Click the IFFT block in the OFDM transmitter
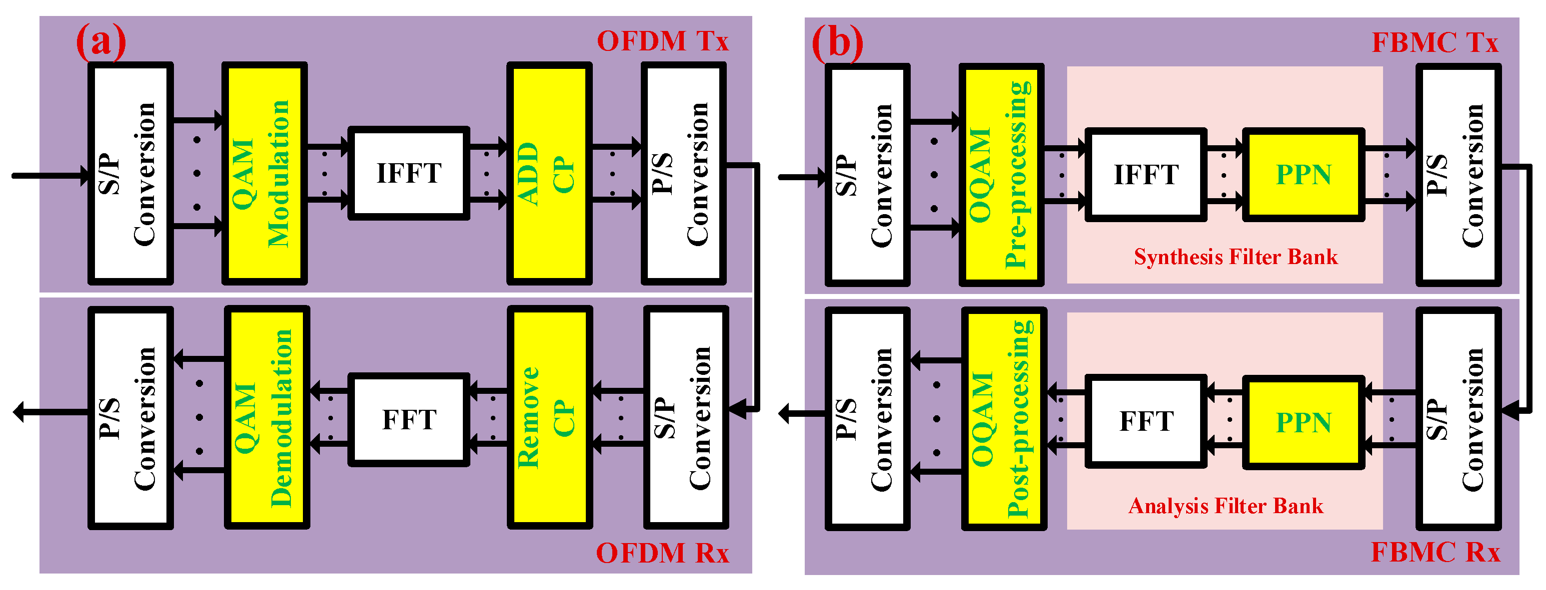(409, 173)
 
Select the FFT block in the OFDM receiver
(409, 419)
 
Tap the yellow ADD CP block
(549, 173)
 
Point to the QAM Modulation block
(265, 173)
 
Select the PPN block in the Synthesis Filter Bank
(1303, 175)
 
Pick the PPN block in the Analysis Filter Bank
(1303, 422)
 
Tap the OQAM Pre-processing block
(1002, 175)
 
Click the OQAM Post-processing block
(1004, 418)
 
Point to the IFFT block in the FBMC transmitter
(1146, 175)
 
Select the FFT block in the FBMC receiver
(1146, 421)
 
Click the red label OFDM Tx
(663, 41)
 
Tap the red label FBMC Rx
(1435, 552)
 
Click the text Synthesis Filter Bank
(1235, 257)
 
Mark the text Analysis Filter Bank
(1226, 506)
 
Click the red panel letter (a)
(101, 41)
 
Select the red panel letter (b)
(837, 42)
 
